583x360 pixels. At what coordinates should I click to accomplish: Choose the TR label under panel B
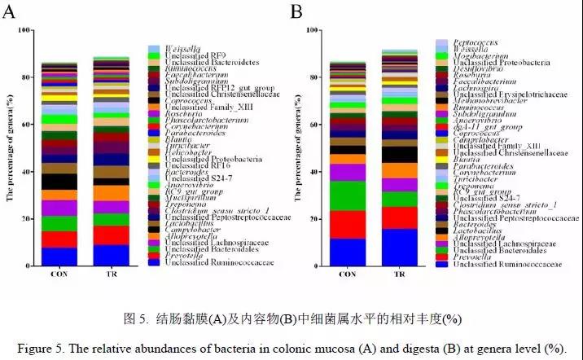pos(399,274)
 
